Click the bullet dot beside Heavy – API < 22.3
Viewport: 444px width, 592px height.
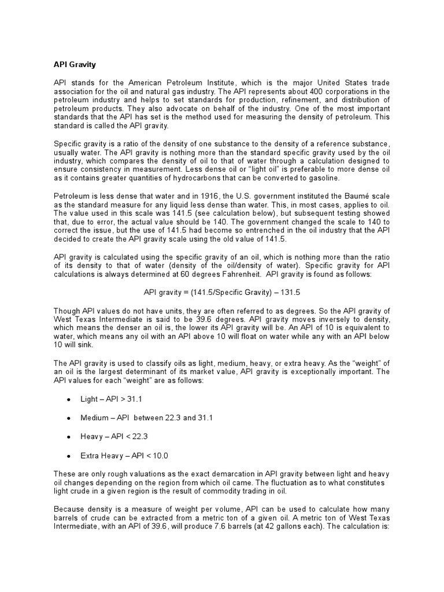pos(69,436)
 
